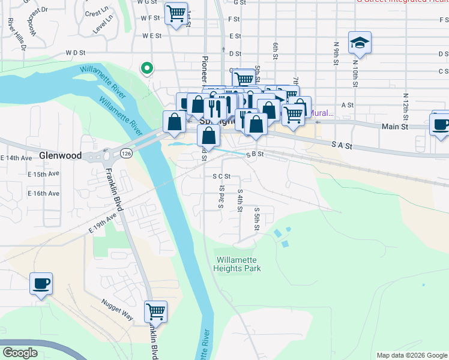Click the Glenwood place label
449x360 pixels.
pos(60,155)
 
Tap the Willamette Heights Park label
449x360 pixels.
pos(238,265)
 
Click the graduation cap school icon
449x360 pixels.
pos(360,43)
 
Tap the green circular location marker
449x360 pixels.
pos(146,68)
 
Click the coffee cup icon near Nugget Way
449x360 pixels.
pos(41,284)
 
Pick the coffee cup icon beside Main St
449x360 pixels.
pos(441,125)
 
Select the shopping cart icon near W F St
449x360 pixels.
pos(175,14)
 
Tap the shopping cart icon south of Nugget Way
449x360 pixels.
pos(155,312)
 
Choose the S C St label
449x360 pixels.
pos(222,176)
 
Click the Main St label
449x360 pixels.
pos(395,127)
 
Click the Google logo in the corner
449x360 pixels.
pos(20,352)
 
